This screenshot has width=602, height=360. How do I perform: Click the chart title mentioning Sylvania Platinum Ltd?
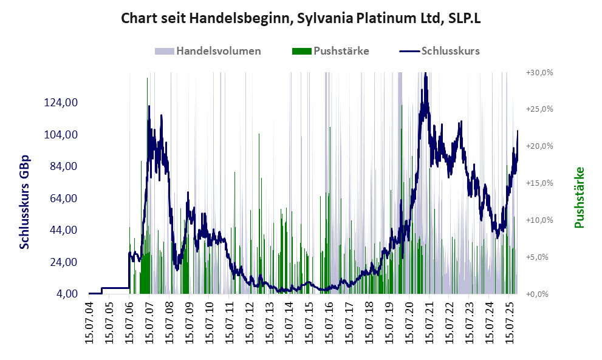(x=301, y=18)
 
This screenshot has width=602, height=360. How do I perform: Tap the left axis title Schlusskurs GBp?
(x=25, y=202)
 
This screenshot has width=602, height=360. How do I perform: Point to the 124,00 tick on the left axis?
(x=61, y=103)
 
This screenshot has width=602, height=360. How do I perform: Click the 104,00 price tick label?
(x=61, y=134)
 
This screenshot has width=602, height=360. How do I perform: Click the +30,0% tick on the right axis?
(x=539, y=72)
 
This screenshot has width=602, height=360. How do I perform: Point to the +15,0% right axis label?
(x=539, y=183)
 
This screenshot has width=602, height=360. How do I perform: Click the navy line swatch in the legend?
(x=409, y=51)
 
